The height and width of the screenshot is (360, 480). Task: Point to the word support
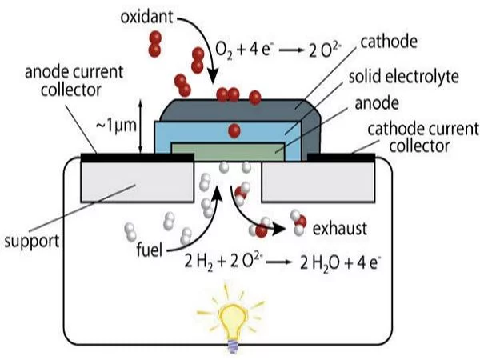point(34,240)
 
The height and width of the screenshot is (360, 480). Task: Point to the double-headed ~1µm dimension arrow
point(142,126)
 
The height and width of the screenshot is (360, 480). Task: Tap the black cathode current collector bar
point(341,158)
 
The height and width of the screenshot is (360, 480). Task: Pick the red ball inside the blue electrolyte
point(234,130)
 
